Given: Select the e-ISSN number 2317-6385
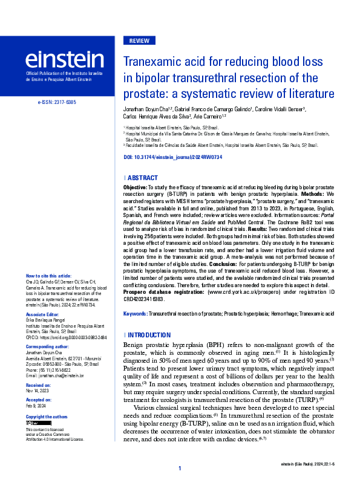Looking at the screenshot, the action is (56, 103).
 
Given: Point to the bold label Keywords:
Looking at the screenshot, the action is (135, 314).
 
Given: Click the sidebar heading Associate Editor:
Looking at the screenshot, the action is (42, 316).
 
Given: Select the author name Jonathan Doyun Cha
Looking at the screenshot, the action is (149, 109).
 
